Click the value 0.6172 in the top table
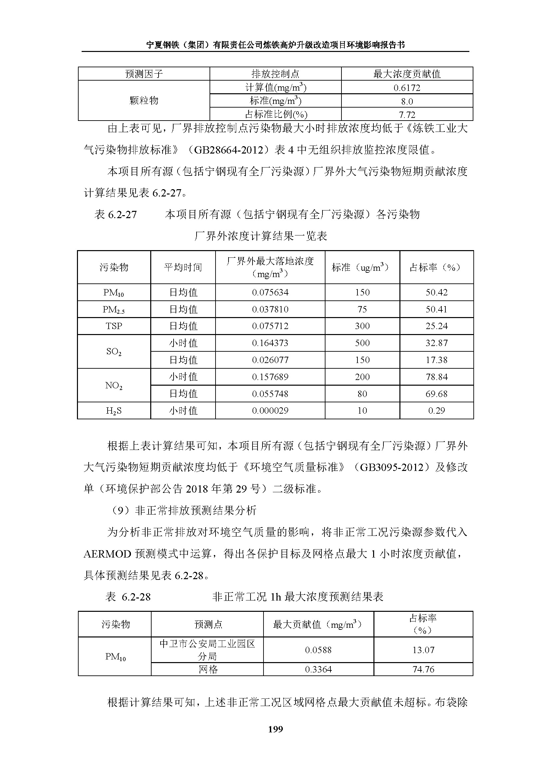(407, 88)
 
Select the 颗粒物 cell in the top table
(144, 101)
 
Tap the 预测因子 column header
(144, 74)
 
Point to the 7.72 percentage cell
(407, 115)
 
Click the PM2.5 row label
(114, 309)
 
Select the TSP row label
(114, 326)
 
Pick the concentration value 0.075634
(270, 292)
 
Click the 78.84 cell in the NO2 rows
(436, 377)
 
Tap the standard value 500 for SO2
(362, 343)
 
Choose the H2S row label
(114, 411)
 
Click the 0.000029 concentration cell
(270, 411)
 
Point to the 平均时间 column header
(183, 267)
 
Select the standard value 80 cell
(362, 394)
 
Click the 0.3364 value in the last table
(318, 669)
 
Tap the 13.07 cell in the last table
(423, 650)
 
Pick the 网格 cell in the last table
(207, 669)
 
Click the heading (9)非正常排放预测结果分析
(184, 510)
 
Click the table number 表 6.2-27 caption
(116, 214)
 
